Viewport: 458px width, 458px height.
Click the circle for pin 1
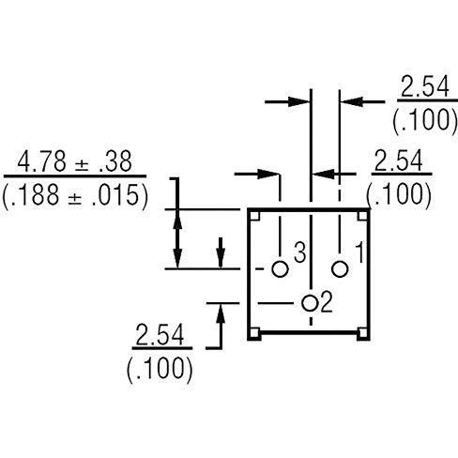pos(340,268)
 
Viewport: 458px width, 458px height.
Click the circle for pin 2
pos(310,303)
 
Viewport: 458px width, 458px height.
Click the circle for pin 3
pos(280,268)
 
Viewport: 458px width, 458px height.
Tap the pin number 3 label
pos(300,252)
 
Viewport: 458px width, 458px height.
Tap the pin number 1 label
pos(360,252)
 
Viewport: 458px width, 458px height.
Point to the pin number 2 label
pos(327,302)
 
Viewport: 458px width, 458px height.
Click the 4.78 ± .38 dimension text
pos(74,162)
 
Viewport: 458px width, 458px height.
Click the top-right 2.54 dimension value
pos(425,86)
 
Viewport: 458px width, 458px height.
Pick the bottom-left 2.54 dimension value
pos(160,335)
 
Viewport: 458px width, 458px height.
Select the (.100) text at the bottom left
pos(160,369)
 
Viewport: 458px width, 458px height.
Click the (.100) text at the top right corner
pos(425,121)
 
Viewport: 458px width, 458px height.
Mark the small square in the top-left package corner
pos(255,216)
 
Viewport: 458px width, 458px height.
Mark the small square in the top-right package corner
pos(363,216)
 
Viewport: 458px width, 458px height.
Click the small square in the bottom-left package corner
pos(255,333)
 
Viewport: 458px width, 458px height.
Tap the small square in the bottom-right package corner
pos(363,333)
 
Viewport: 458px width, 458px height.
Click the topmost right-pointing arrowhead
pos(298,101)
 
